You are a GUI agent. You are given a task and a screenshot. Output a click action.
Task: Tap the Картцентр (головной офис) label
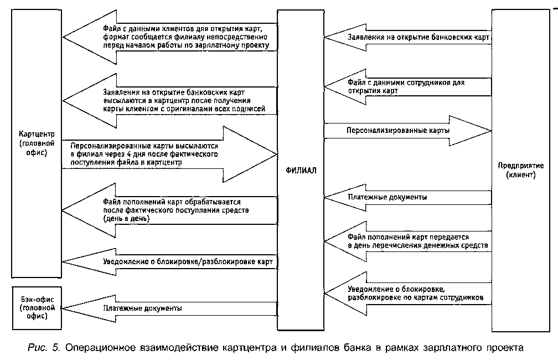pyautogui.click(x=35, y=144)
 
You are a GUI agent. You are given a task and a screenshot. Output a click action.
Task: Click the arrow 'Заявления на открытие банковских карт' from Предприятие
pyautogui.click(x=410, y=38)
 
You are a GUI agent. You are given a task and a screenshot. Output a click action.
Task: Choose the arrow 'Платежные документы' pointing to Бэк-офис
pyautogui.click(x=166, y=308)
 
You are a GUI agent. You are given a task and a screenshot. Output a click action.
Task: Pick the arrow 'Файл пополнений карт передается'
pyautogui.click(x=410, y=240)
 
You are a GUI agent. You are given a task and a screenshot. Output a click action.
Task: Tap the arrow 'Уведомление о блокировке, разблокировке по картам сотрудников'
pyautogui.click(x=410, y=293)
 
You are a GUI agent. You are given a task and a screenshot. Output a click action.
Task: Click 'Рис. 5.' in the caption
pyautogui.click(x=48, y=348)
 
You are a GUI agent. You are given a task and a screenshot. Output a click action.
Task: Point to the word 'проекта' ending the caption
pyautogui.click(x=502, y=348)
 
